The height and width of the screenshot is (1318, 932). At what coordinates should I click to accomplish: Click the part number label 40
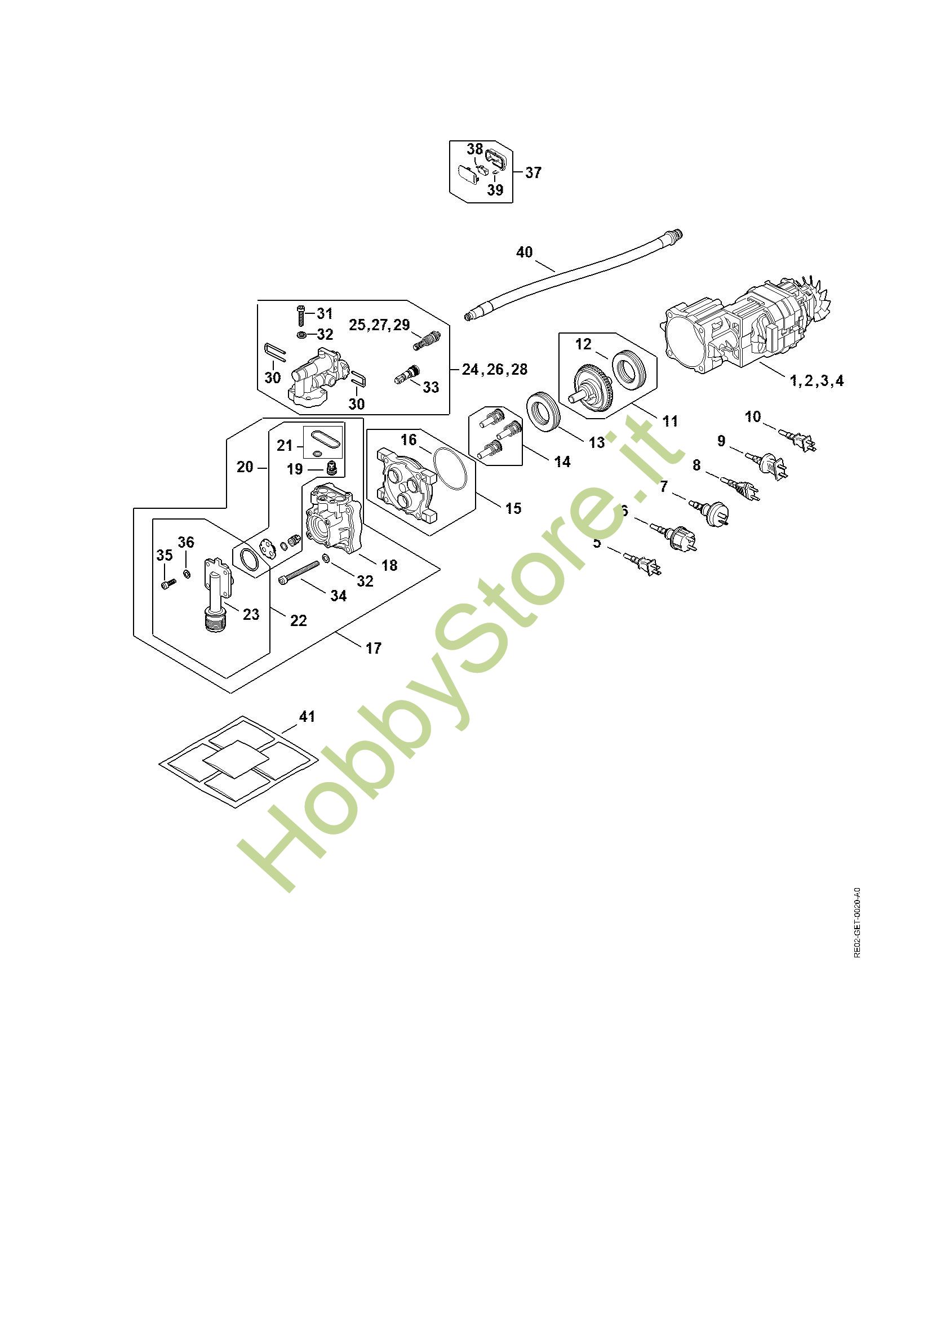(524, 252)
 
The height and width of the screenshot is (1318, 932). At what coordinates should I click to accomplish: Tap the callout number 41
(307, 716)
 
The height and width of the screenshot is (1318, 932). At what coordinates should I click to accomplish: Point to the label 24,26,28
(495, 369)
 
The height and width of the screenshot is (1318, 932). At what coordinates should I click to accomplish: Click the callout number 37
(533, 172)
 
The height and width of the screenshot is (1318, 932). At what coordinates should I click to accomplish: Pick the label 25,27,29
(379, 325)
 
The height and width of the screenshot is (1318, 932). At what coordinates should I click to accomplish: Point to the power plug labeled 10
(799, 441)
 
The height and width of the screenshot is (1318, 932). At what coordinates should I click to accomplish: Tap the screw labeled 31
(300, 315)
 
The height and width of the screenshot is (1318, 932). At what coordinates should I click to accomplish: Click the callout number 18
(389, 565)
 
